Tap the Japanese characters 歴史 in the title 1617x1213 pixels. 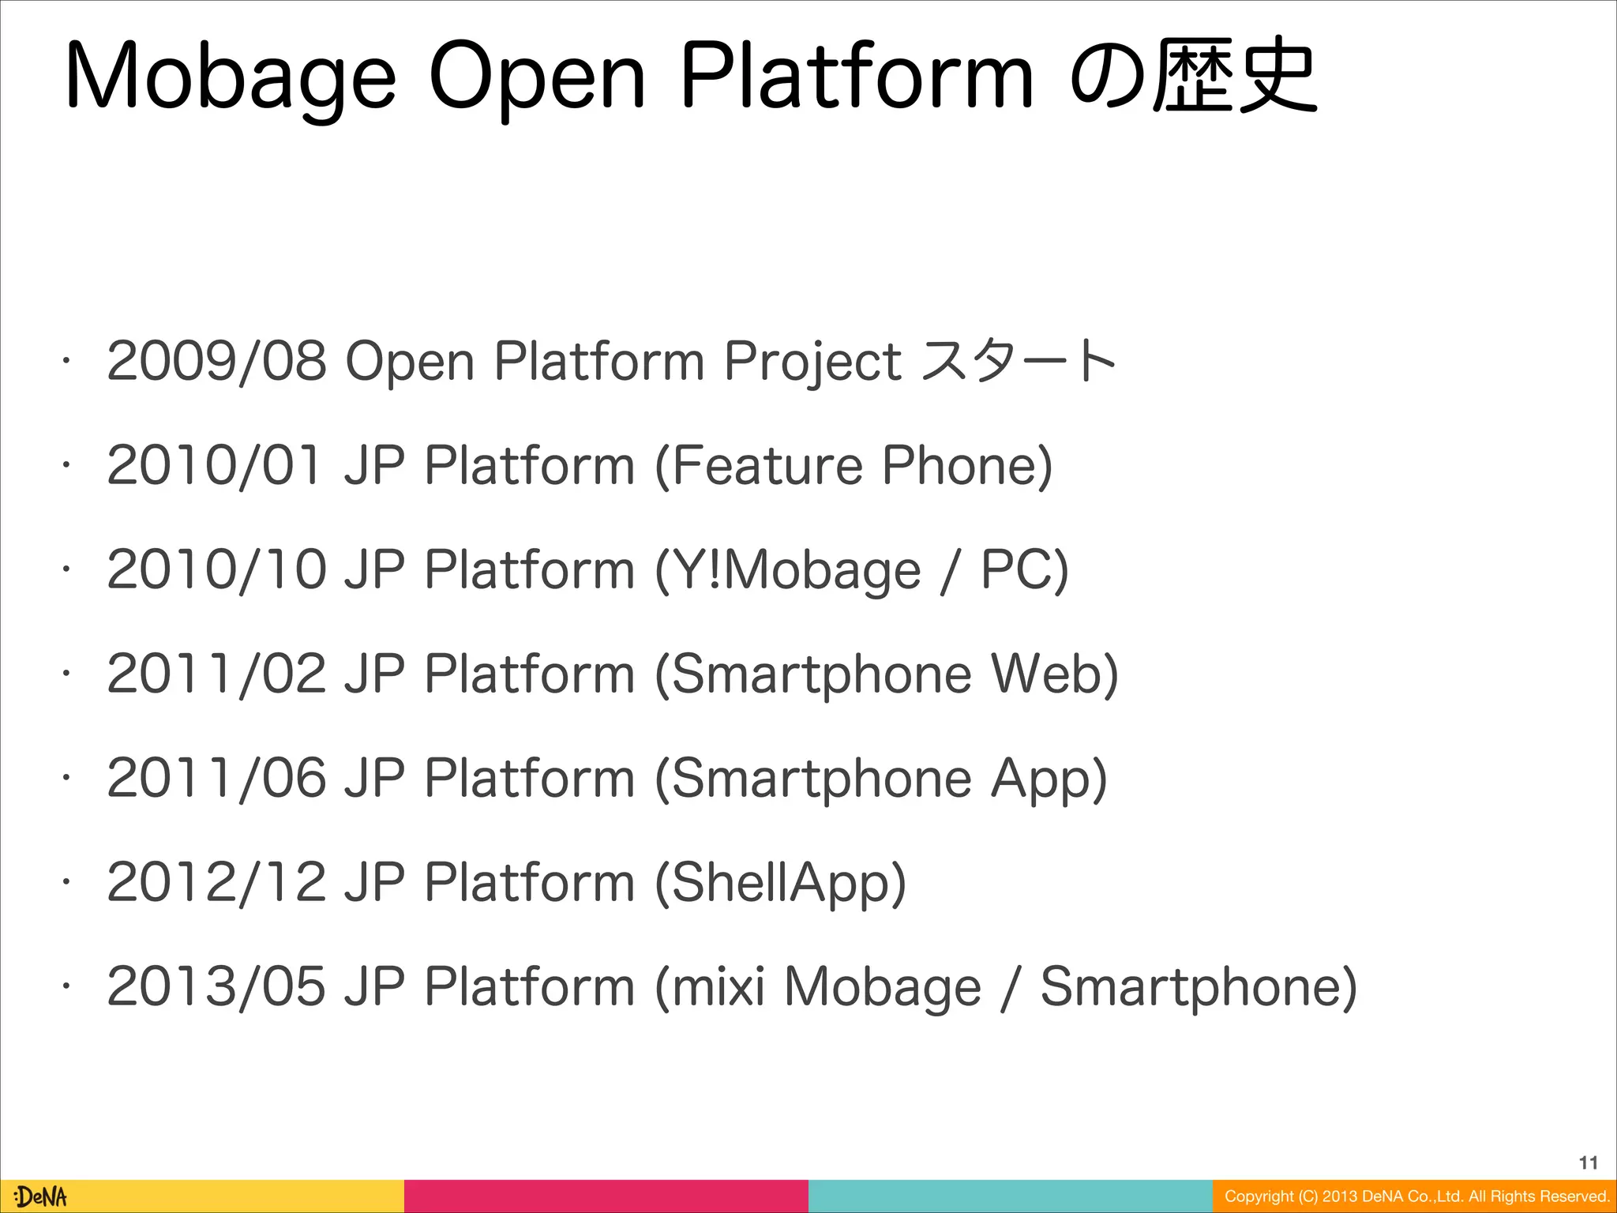[1234, 77]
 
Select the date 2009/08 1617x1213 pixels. [216, 361]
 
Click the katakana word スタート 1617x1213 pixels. [1019, 361]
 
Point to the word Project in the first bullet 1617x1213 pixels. [812, 362]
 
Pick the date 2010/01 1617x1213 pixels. [215, 465]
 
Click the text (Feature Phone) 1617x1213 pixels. [854, 465]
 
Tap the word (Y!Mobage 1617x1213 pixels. [788, 571]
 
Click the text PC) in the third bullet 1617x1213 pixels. [1024, 569]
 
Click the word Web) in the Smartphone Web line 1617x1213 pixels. [1054, 674]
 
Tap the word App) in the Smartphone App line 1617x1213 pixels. [1049, 779]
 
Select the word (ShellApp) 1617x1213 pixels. [780, 883]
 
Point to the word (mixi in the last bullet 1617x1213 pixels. [710, 986]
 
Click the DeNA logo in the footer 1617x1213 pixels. [41, 1196]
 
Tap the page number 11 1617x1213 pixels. [1588, 1162]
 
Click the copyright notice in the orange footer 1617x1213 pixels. [1416, 1196]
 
